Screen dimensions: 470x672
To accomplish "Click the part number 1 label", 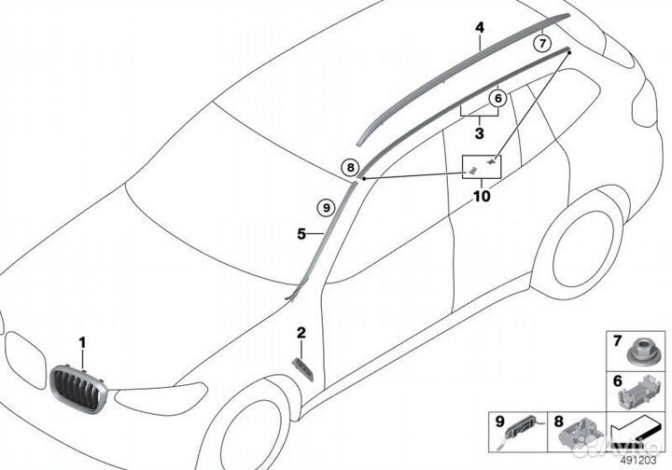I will click(82, 342).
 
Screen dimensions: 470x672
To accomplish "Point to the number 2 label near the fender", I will click(301, 332).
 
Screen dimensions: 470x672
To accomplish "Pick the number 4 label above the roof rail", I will click(479, 29).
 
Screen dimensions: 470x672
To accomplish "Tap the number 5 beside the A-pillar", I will click(301, 235).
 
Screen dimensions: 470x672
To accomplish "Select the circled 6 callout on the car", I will click(497, 97).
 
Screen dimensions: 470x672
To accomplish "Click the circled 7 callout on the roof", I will click(541, 42).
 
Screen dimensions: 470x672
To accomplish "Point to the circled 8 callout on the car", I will click(349, 168).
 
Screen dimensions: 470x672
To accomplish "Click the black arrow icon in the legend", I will click(636, 435).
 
